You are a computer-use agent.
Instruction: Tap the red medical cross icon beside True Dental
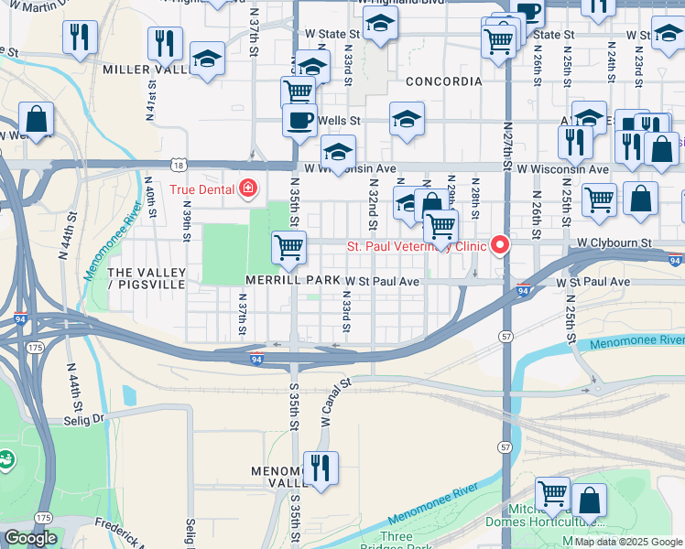pyautogui.click(x=246, y=189)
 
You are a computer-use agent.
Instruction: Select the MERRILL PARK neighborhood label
pyautogui.click(x=286, y=281)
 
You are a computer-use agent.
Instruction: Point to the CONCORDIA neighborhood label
pyautogui.click(x=443, y=81)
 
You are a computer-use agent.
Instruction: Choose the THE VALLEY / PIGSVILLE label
pyautogui.click(x=147, y=280)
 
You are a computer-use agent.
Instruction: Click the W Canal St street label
pyautogui.click(x=336, y=404)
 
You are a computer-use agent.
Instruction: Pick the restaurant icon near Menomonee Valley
pyautogui.click(x=321, y=468)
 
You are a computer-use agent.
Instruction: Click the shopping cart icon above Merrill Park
pyautogui.click(x=289, y=247)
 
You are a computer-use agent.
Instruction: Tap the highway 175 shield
pyautogui.click(x=35, y=348)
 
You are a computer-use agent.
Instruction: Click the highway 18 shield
pyautogui.click(x=178, y=165)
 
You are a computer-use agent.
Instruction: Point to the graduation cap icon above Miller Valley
pyautogui.click(x=208, y=59)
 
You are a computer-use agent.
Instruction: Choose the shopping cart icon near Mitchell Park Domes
pyautogui.click(x=552, y=493)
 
